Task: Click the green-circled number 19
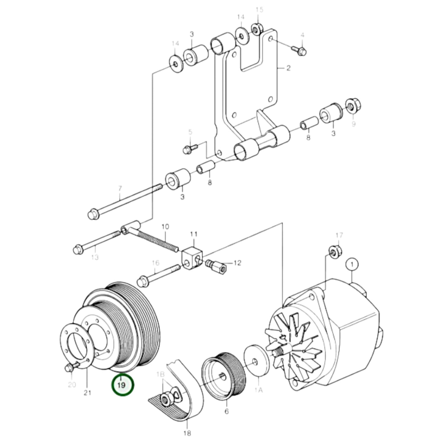coord(122,385)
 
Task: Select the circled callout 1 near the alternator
coord(352,264)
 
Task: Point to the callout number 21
coord(87,392)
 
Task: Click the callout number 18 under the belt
coord(187,433)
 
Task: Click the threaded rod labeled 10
coord(158,242)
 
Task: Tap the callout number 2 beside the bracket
coord(288,68)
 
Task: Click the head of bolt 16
coord(143,280)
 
